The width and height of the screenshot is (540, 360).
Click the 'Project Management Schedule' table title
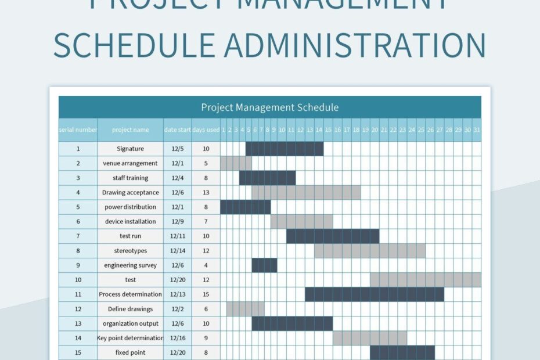[269, 107]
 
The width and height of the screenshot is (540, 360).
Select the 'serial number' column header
[78, 130]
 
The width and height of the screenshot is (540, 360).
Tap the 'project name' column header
[130, 130]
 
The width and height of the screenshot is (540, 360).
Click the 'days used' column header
[206, 130]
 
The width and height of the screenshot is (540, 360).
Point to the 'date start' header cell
[177, 130]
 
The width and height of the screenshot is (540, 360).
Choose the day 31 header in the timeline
[477, 130]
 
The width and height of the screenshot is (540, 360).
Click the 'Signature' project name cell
[130, 149]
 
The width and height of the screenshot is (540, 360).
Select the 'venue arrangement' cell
[130, 164]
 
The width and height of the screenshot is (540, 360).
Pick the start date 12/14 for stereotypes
[177, 251]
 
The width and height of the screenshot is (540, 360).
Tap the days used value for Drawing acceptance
[206, 193]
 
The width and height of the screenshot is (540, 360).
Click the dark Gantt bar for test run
[333, 236]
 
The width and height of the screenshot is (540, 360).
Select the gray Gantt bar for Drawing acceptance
[306, 193]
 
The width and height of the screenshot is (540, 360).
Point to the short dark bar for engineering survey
[264, 265]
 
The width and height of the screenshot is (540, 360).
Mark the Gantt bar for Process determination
[375, 294]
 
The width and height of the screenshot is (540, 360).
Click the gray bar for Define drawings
[246, 309]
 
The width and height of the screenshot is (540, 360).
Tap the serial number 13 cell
[78, 323]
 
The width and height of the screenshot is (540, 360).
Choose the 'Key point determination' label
[130, 338]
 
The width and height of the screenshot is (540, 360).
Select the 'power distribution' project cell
[130, 207]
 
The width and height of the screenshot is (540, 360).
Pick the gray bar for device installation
[301, 222]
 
